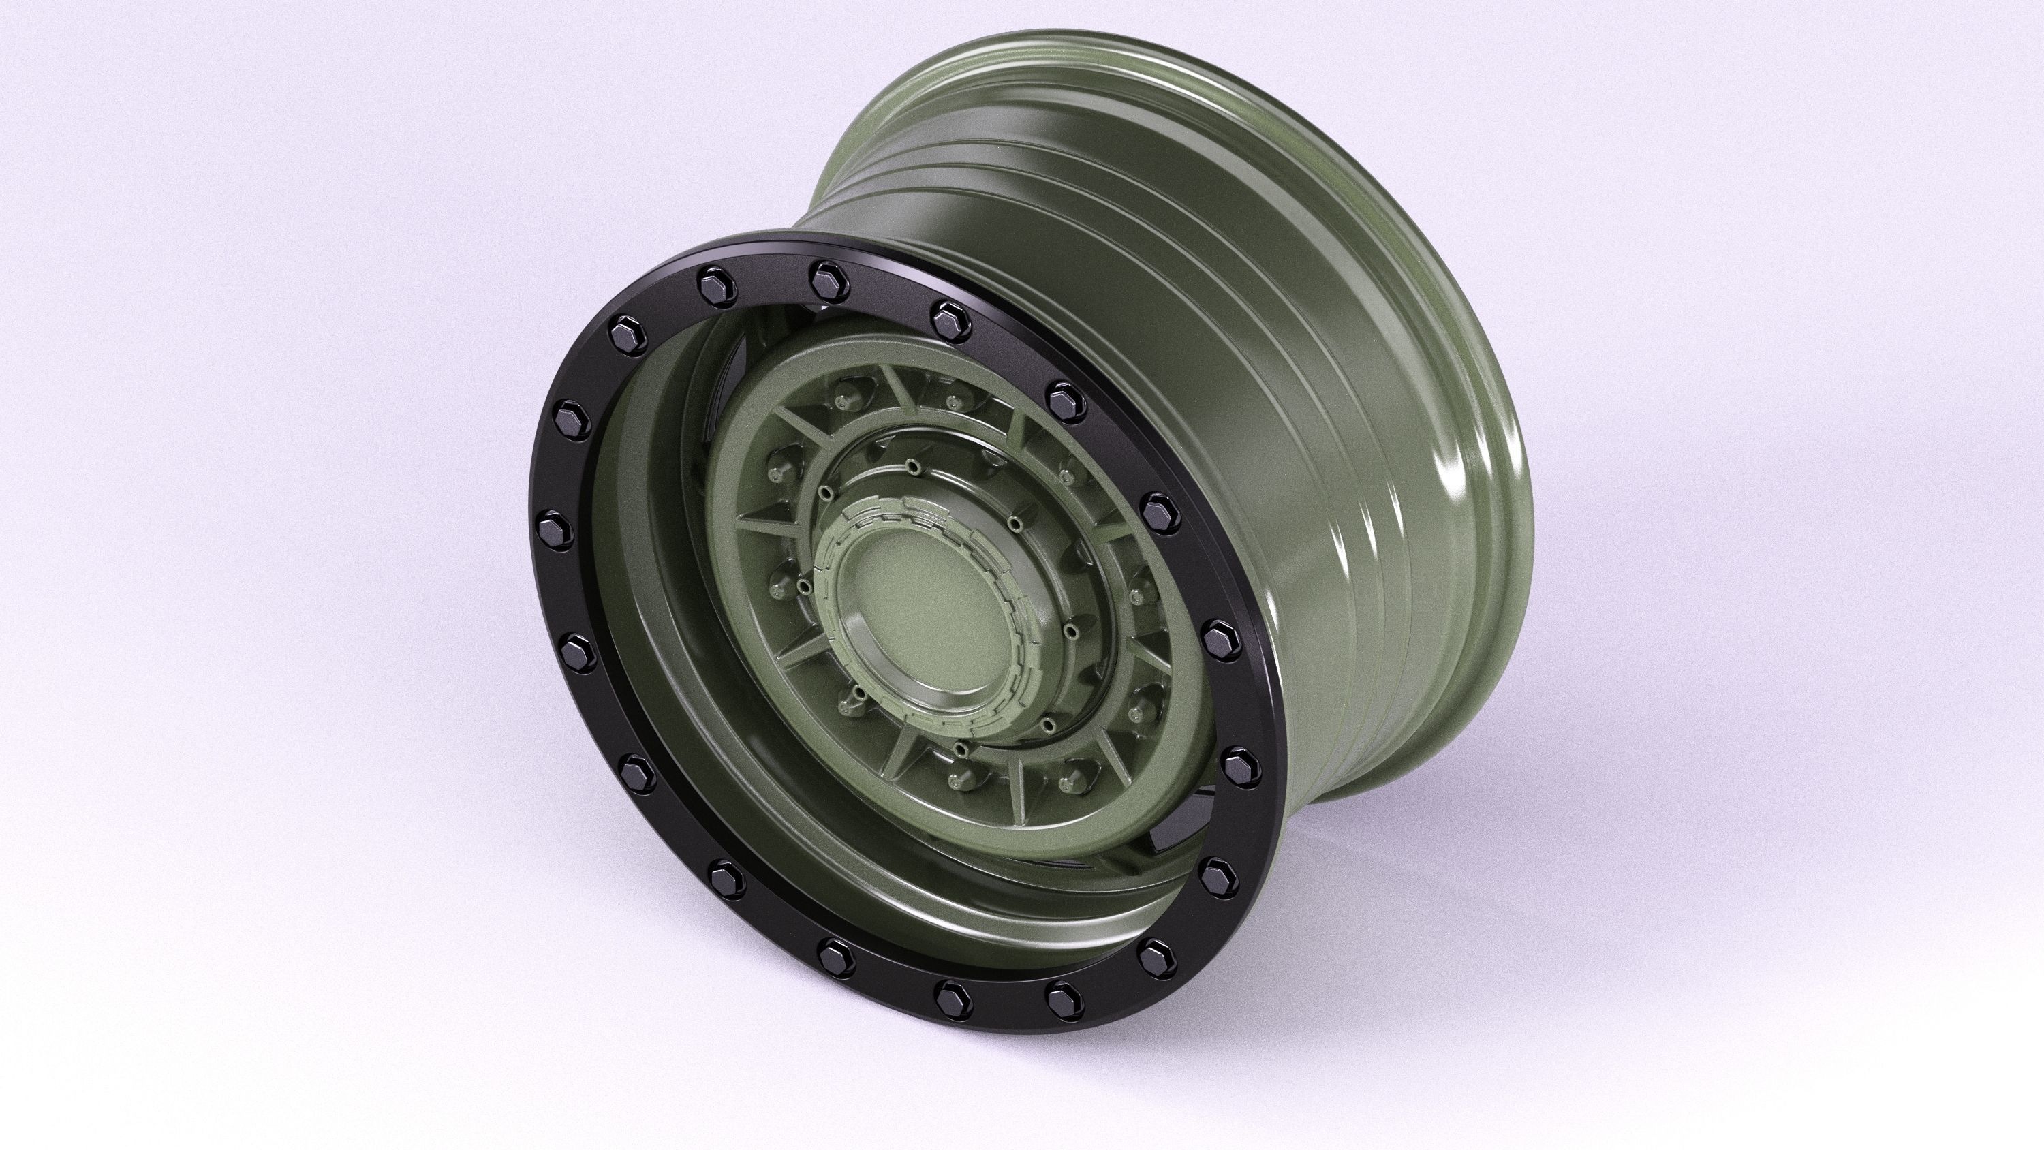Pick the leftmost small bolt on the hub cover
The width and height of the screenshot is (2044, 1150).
[x=805, y=587]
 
